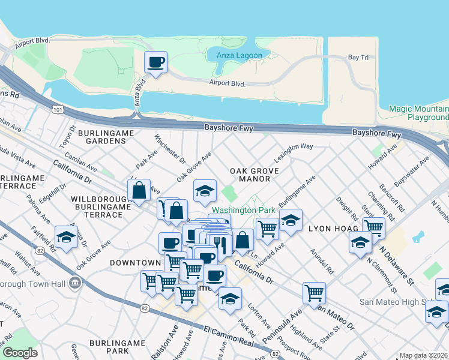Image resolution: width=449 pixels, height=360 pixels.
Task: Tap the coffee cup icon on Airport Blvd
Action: (x=156, y=62)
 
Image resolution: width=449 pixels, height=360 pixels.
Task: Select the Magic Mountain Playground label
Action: (x=418, y=113)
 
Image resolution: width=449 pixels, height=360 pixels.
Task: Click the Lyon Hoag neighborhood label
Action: (x=334, y=229)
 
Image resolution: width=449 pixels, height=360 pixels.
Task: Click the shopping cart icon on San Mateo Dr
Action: (x=314, y=293)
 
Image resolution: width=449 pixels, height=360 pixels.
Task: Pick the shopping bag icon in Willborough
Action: (x=139, y=191)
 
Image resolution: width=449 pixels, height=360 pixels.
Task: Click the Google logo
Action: (x=20, y=353)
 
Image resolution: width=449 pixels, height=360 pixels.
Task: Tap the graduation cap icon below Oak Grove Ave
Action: (x=205, y=191)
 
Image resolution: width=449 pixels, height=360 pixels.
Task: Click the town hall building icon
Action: (x=75, y=282)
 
